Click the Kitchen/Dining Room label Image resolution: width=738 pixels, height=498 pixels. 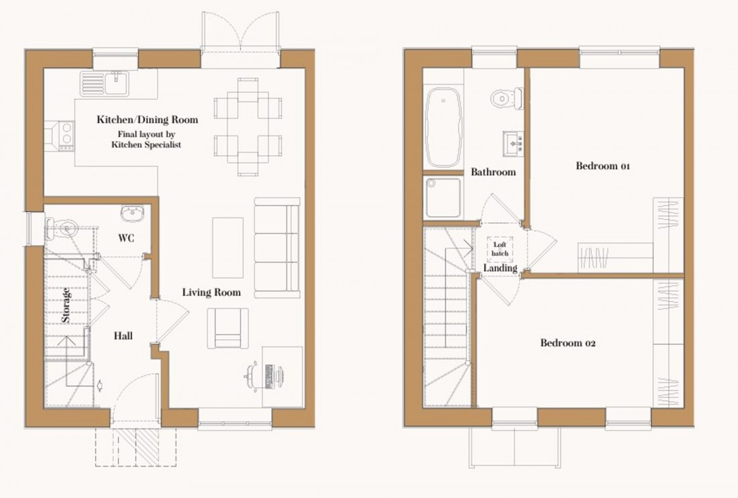(148, 120)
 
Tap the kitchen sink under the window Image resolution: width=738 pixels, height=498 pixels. (105, 83)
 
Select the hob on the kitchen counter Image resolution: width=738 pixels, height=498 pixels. (66, 135)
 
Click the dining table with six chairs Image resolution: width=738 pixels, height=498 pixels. (248, 127)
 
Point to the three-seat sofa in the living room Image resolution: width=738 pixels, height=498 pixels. (277, 248)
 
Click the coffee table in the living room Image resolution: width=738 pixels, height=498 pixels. (227, 248)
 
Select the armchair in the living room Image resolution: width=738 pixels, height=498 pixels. (227, 328)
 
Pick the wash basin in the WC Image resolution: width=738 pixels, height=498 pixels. (130, 213)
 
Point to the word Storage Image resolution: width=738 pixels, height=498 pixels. (66, 305)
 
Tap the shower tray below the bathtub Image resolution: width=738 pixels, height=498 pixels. (443, 197)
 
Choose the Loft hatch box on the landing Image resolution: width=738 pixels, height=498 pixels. (500, 249)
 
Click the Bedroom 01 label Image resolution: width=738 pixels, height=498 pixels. (602, 166)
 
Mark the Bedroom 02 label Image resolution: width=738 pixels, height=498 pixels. (568, 344)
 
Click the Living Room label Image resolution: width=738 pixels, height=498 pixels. (211, 293)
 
